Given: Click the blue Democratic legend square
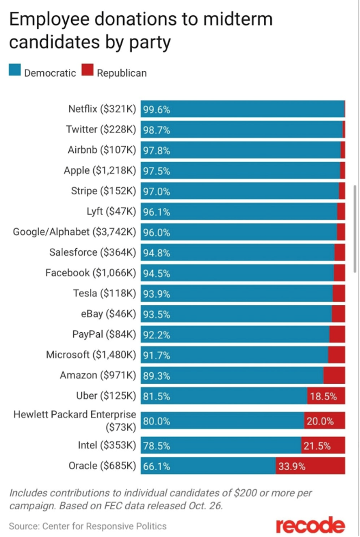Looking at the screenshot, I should coord(15,70).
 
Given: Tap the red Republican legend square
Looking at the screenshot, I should coord(87,70).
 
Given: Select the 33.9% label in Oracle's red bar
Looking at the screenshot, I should coord(291,467).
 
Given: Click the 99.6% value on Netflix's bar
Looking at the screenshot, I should coord(156,109).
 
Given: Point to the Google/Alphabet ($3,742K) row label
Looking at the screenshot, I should coord(74,232).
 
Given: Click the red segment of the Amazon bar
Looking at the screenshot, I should coord(334,375).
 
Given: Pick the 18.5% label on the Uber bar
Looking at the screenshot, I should coord(323,396).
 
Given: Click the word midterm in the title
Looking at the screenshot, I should coord(238,19).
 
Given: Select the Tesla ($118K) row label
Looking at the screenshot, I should coord(104,293).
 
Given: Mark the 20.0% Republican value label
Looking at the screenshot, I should coord(320,421).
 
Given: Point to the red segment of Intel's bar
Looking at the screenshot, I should coord(323,446).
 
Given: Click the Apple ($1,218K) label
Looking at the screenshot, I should coord(99,170).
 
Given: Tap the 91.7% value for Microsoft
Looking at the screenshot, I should coord(156,355).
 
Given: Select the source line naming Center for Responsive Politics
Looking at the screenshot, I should coord(88,526).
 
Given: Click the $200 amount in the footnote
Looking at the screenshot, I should coord(245,493).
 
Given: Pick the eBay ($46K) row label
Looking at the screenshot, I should coord(108,314).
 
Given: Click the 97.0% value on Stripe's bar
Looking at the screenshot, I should coord(156,191).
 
